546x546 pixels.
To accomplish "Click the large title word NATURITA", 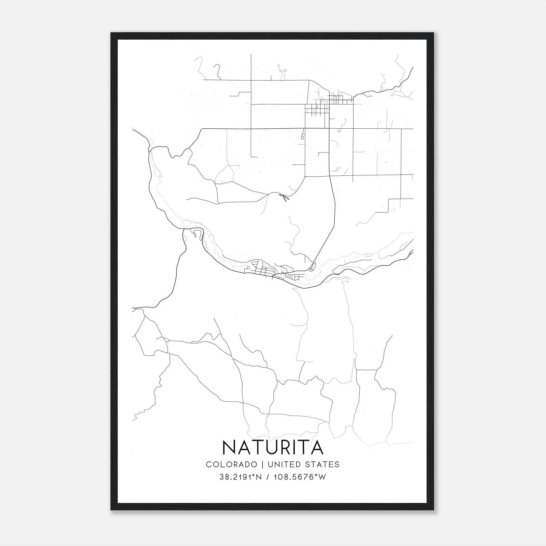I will (x=272, y=447).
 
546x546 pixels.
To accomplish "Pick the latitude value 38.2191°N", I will (x=241, y=477).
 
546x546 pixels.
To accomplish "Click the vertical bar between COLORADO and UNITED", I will (x=262, y=464).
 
